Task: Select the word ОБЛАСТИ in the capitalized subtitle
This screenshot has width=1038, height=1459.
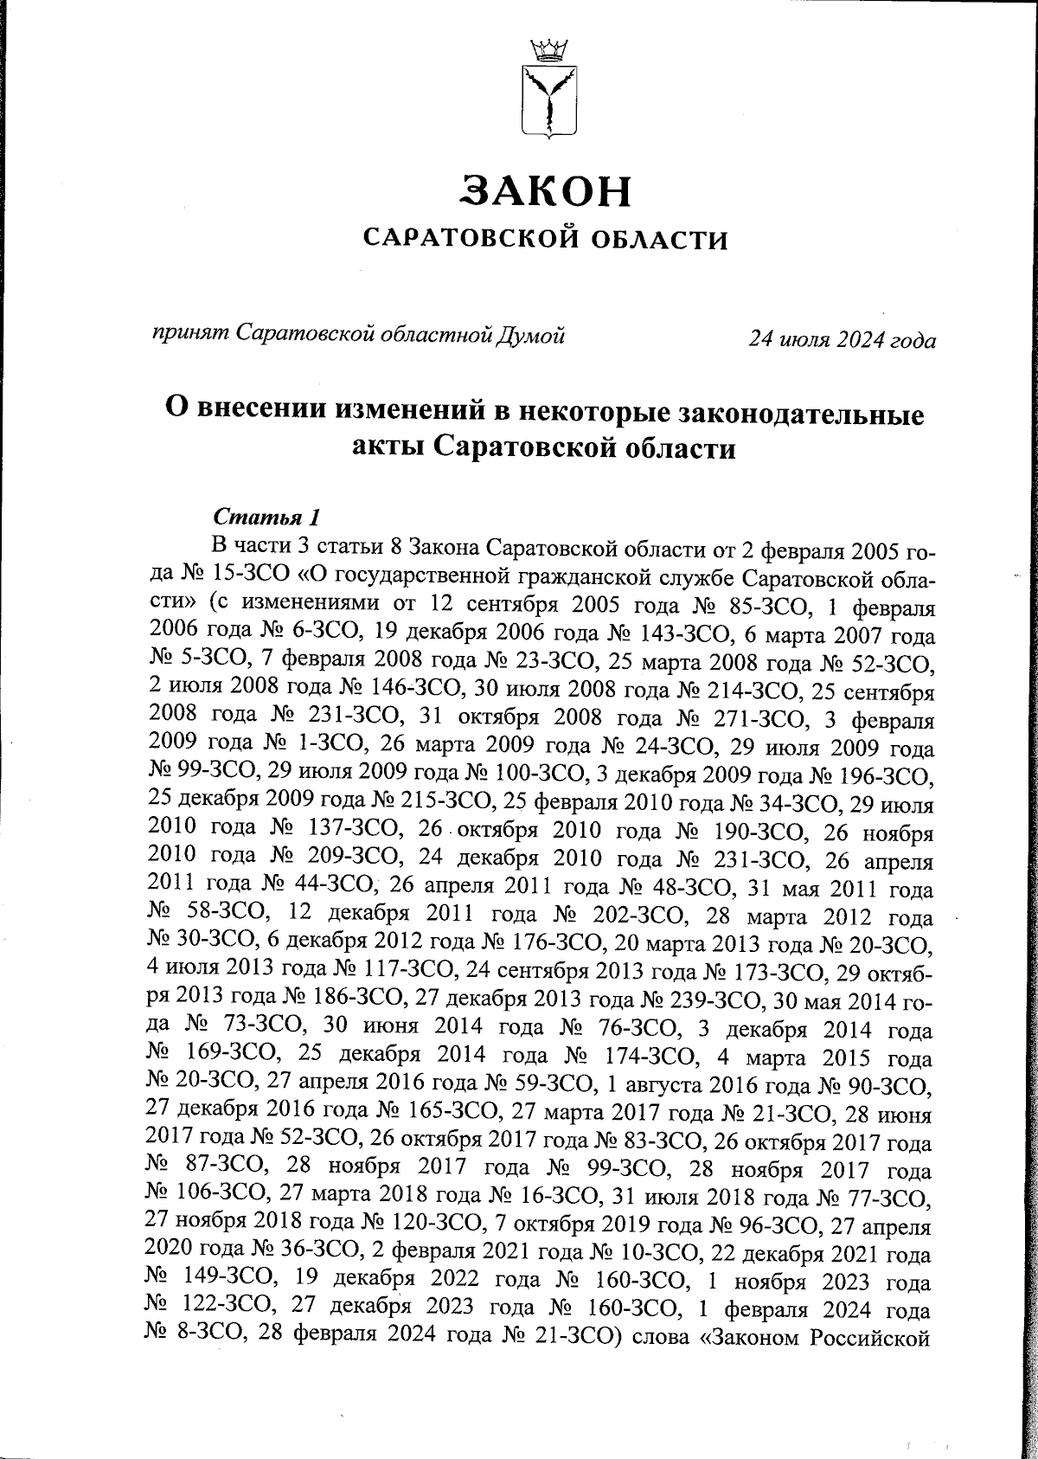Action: coord(663,239)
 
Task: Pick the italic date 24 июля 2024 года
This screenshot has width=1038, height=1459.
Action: coord(842,339)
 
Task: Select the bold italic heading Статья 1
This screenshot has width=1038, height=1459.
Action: coord(266,517)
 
